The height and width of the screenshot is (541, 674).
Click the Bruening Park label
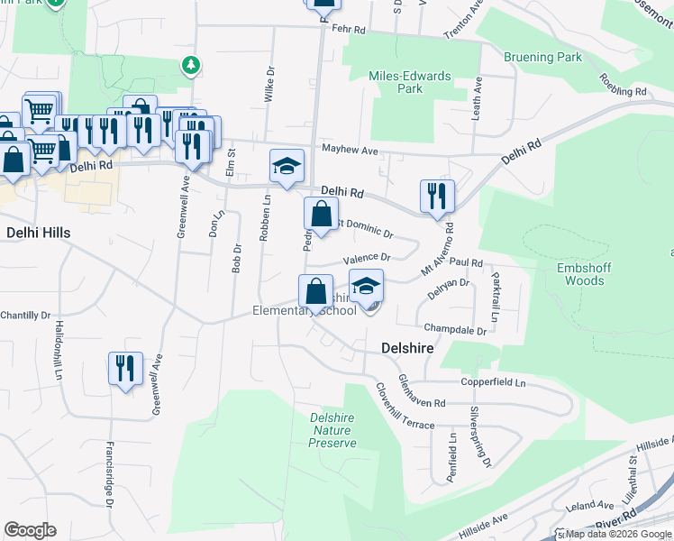pos(543,57)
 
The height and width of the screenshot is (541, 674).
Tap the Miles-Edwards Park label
pos(410,82)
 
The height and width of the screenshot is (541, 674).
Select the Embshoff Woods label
pos(572,274)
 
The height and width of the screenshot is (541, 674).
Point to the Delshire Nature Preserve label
pos(332,430)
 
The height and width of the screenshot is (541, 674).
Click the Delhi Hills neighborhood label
pos(38,233)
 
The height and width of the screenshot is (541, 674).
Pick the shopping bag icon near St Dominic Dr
pos(321,214)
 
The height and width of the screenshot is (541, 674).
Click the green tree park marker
pos(190,65)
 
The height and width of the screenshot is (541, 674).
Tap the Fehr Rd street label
pos(348,30)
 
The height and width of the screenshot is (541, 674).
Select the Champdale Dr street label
pos(455,331)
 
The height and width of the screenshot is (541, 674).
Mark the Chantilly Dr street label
pos(25,315)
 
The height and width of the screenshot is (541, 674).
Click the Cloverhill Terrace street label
pos(405,407)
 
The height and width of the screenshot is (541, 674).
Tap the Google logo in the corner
pos(30,530)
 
